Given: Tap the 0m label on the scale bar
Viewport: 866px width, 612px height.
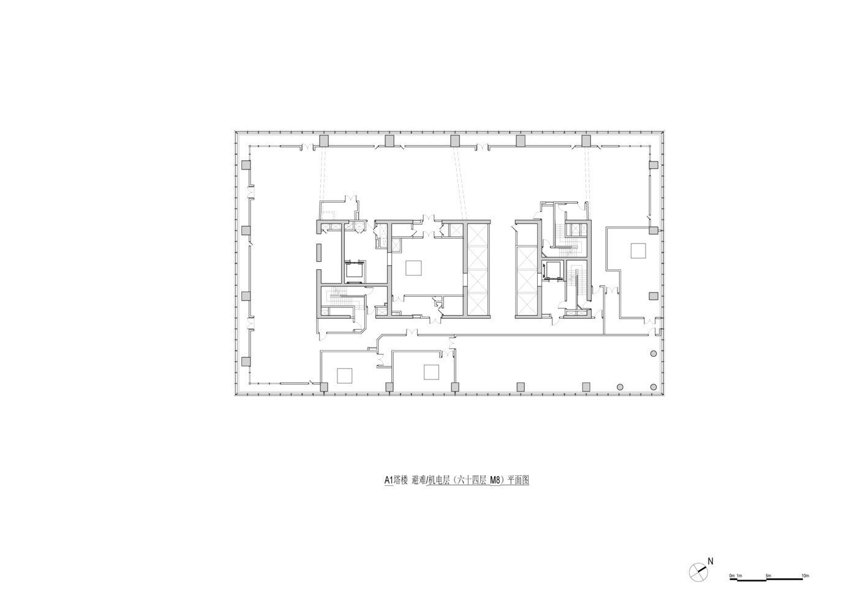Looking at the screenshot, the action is [732, 586].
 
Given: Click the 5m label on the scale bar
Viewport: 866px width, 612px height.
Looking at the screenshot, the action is [768, 586].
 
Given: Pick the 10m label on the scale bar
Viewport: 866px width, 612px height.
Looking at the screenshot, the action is [805, 586].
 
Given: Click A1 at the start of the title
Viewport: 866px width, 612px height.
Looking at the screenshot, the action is [388, 480].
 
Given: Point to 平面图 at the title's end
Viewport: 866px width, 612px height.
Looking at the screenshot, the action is [518, 480].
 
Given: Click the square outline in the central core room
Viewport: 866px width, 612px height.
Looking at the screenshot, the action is [413, 268].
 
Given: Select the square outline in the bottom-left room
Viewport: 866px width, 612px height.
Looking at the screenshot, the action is [344, 376].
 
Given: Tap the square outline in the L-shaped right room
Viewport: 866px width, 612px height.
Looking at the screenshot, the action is [638, 250].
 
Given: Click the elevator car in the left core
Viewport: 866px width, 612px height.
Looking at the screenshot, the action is [355, 271].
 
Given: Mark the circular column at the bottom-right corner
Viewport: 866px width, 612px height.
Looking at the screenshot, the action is [653, 387].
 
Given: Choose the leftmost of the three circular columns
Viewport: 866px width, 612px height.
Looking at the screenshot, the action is [620, 387].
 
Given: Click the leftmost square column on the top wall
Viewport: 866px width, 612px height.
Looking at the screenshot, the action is [323, 141].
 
